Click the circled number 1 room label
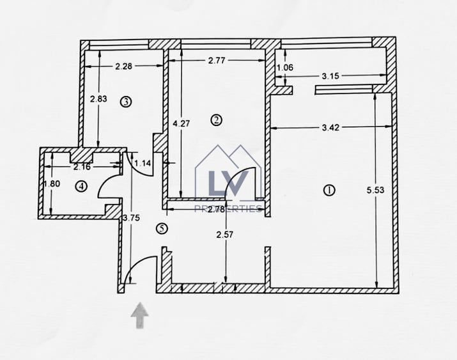pos(330,190)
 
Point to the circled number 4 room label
pos(81,186)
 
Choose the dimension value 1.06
pos(284,67)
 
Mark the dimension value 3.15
pos(330,76)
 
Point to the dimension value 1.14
pos(144,163)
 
